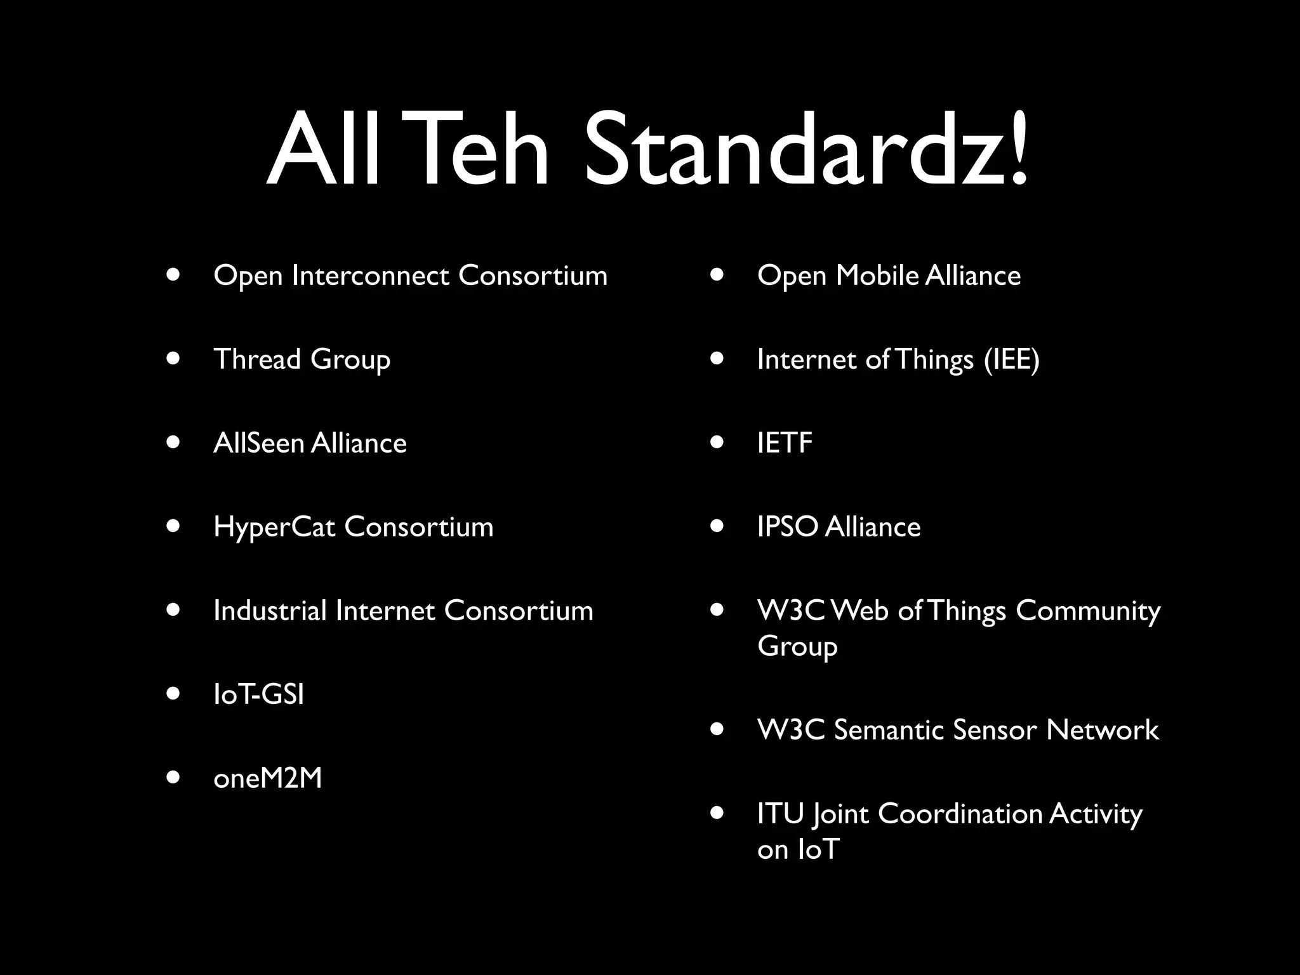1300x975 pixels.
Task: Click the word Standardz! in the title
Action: click(x=805, y=151)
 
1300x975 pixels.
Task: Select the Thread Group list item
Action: click(x=302, y=359)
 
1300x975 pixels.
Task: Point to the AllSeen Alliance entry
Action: click(x=310, y=443)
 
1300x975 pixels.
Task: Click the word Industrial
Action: click(x=270, y=611)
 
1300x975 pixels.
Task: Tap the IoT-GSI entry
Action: click(x=258, y=694)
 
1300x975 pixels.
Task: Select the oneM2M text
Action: click(x=267, y=778)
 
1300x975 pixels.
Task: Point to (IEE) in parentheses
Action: click(x=1012, y=360)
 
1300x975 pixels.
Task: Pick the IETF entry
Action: click(x=785, y=443)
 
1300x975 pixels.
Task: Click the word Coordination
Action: click(x=960, y=814)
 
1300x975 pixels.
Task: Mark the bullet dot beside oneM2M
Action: click(x=173, y=778)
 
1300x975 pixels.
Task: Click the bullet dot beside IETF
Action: click(x=717, y=442)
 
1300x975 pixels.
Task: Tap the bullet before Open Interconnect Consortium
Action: click(x=173, y=275)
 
